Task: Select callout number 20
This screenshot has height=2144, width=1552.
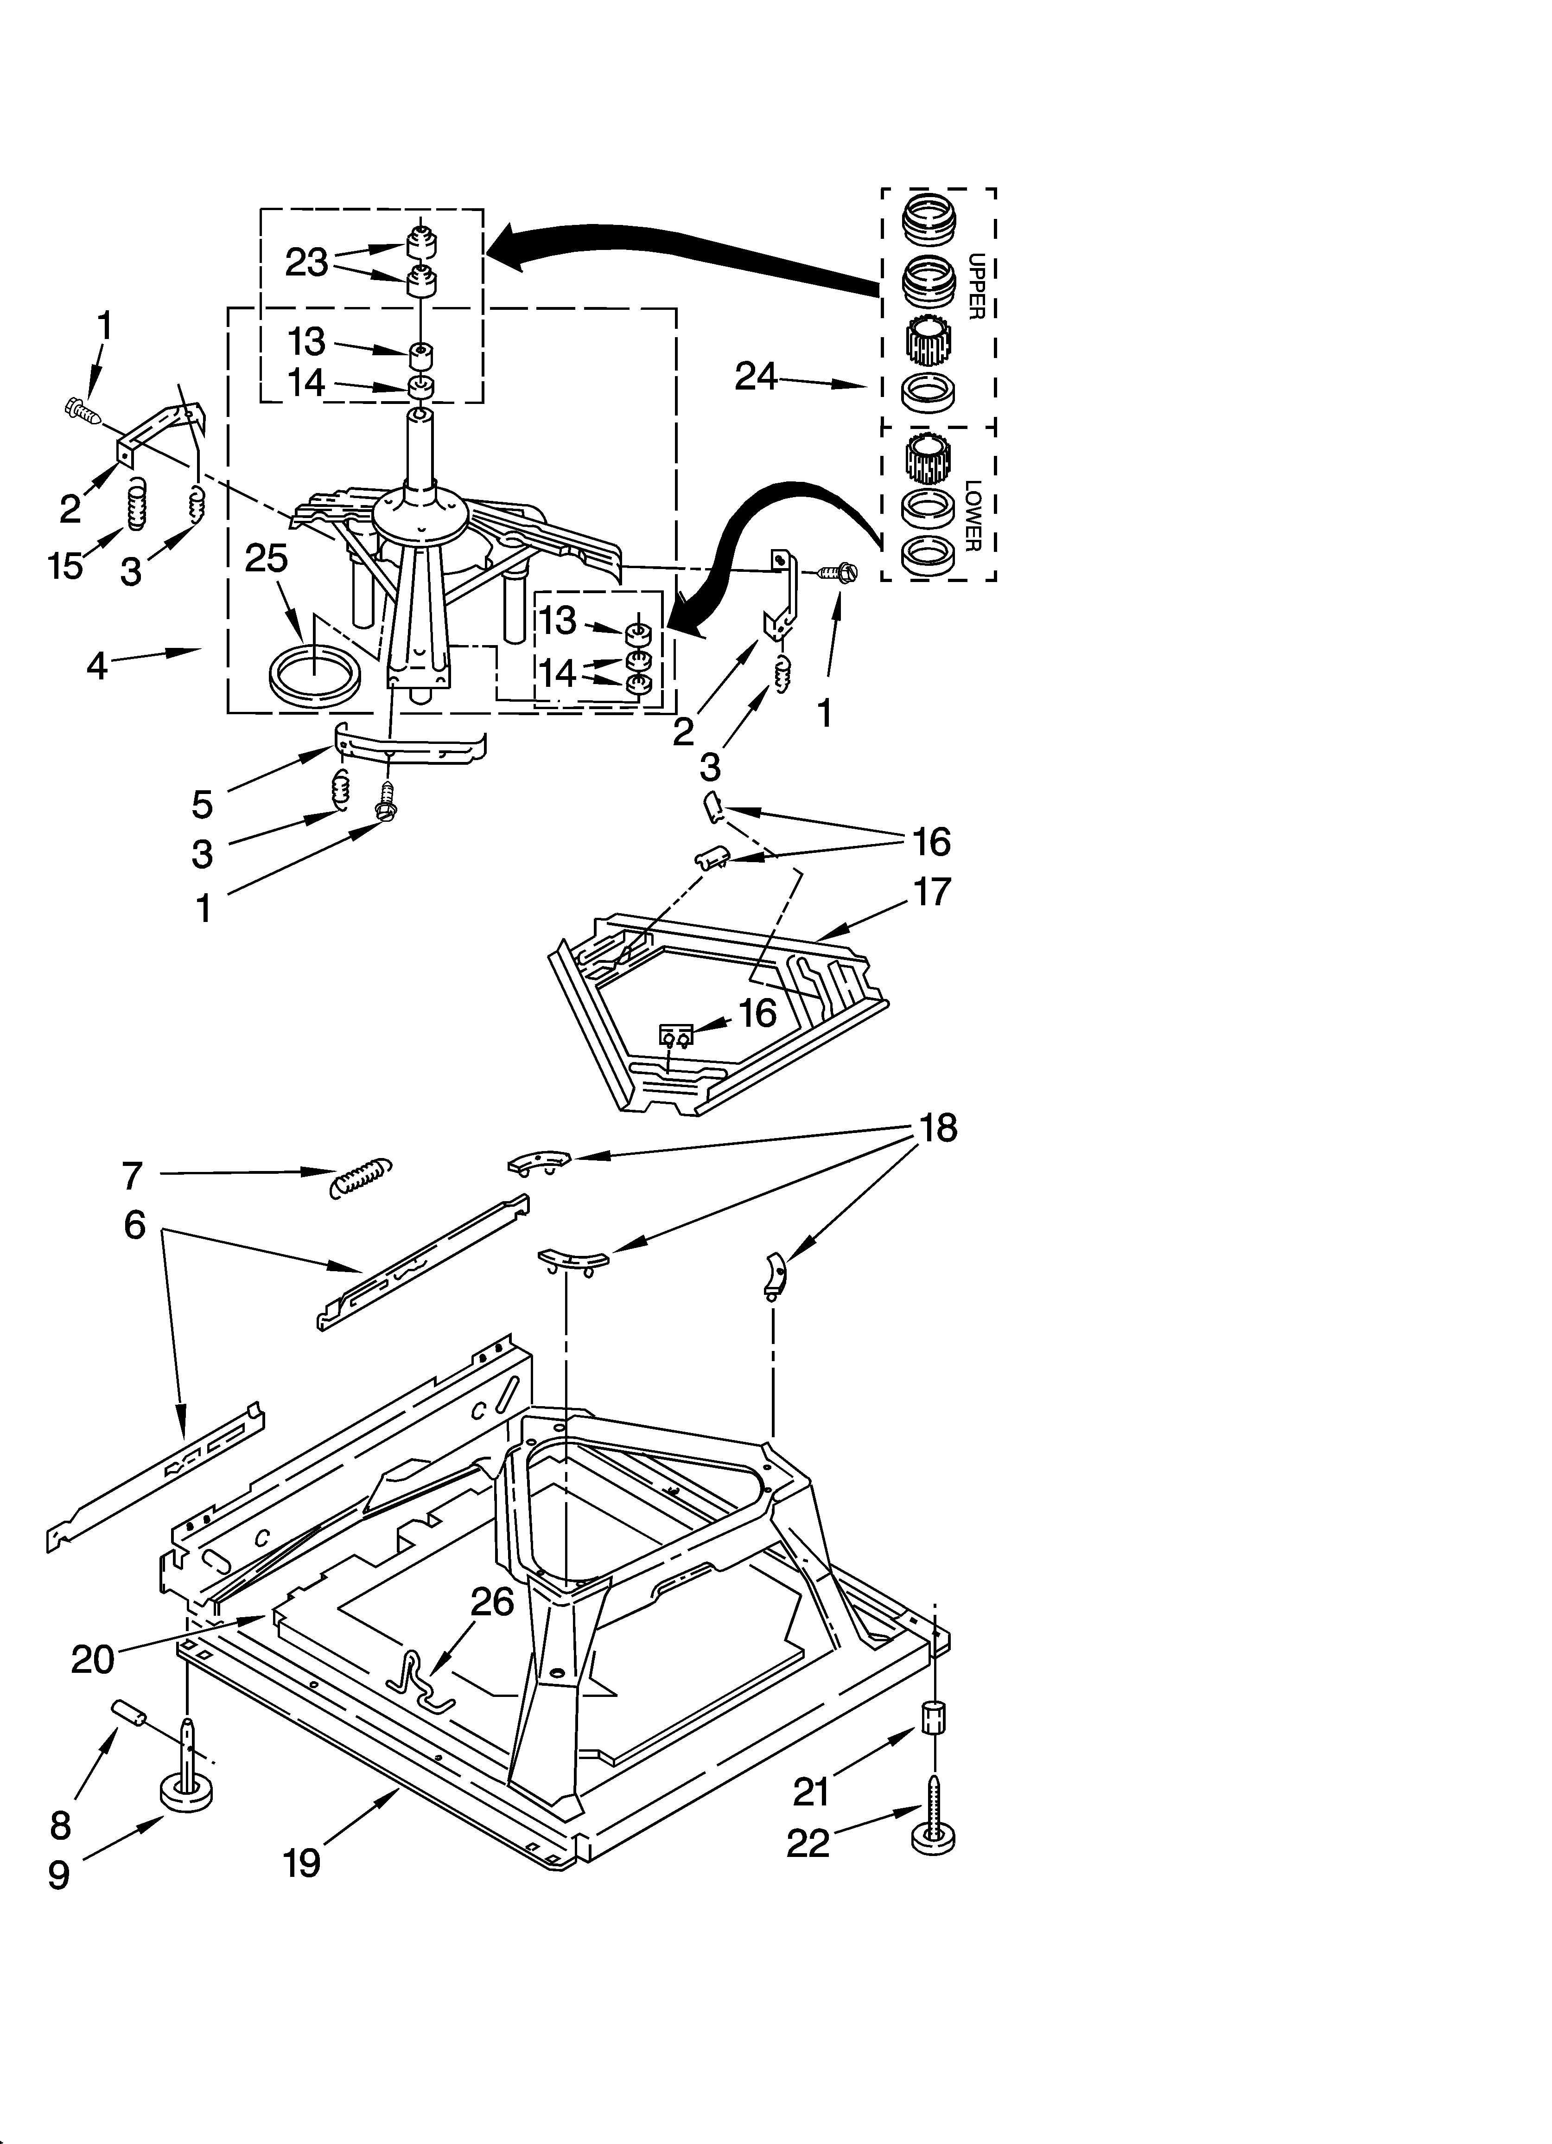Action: tap(93, 1659)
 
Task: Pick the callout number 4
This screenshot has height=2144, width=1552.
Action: tap(97, 666)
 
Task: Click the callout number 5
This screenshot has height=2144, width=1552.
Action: tap(202, 805)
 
